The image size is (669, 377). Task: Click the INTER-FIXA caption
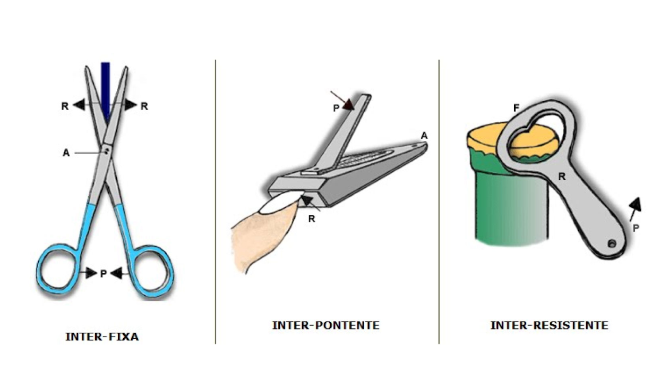[102, 337]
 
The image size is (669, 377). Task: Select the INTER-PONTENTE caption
[326, 325]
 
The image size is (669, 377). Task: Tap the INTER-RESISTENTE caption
[549, 325]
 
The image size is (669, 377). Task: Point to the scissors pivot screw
[107, 150]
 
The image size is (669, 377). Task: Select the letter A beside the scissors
[66, 153]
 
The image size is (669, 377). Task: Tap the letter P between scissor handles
[104, 273]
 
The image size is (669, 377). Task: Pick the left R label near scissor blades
[65, 106]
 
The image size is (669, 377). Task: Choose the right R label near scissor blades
[144, 106]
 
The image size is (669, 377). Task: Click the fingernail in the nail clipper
[281, 203]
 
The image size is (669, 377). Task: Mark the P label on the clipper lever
[336, 108]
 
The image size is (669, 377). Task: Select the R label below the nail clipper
[312, 219]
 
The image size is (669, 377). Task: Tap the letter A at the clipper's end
[424, 136]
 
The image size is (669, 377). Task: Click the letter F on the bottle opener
[516, 108]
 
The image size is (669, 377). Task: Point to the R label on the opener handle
[562, 177]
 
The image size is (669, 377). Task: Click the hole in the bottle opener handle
[612, 244]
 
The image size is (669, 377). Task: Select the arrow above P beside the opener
[634, 209]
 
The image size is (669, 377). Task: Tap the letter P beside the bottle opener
[636, 228]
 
